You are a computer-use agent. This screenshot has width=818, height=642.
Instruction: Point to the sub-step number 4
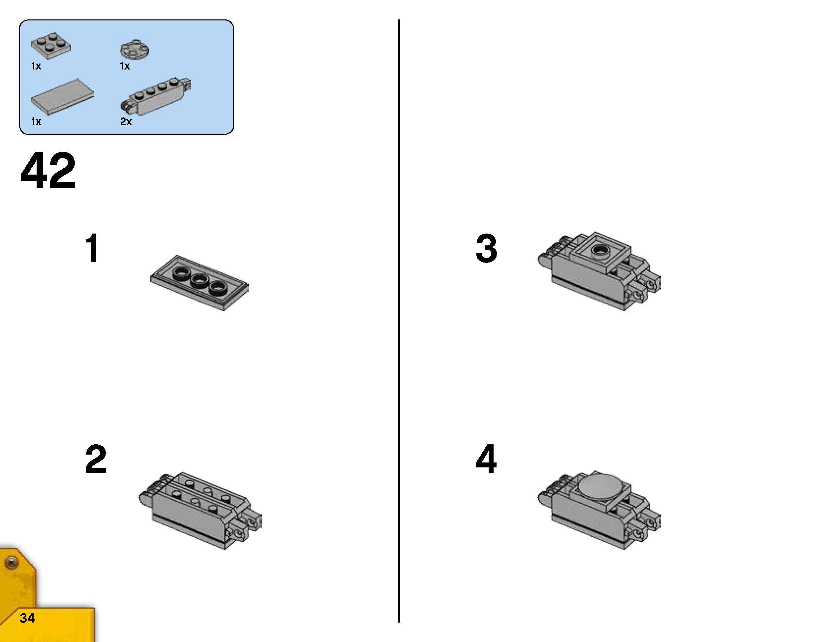(486, 459)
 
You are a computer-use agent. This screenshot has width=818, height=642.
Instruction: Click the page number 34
(27, 618)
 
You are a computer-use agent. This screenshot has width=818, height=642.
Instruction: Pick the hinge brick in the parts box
(156, 97)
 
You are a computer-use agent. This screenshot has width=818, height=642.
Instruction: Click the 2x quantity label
(126, 122)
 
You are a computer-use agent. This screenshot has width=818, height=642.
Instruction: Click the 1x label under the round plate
(125, 66)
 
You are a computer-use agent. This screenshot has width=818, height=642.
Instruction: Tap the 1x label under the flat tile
(36, 122)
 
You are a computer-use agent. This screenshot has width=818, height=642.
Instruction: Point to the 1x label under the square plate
(36, 66)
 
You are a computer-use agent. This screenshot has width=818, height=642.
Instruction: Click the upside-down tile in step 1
(199, 283)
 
